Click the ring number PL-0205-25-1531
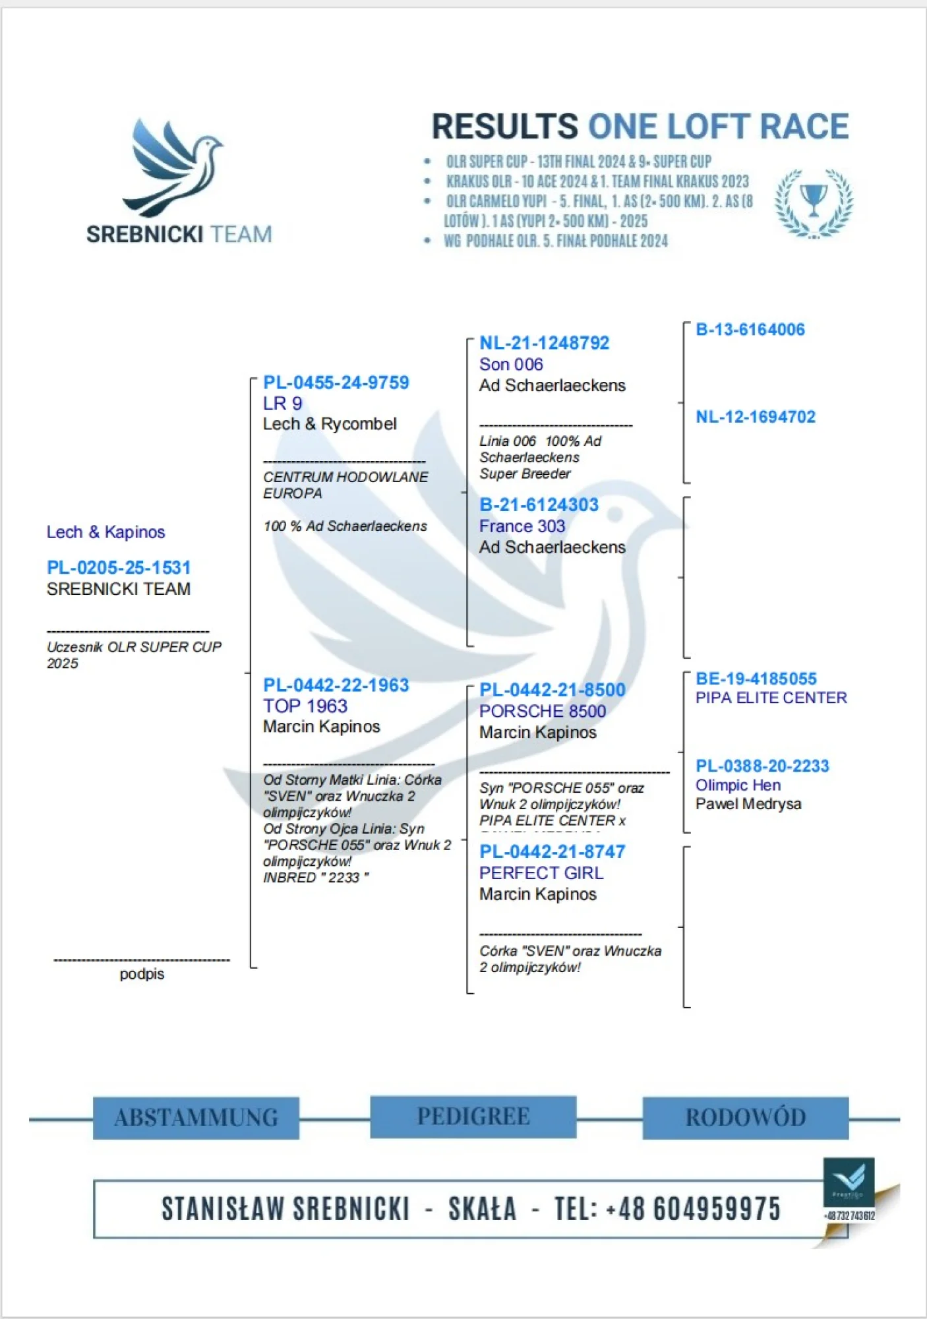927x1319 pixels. [x=119, y=568]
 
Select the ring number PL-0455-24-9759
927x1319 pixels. [x=336, y=383]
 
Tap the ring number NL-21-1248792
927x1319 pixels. [x=544, y=343]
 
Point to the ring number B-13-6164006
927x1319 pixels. [x=750, y=330]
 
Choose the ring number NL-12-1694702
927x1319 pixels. [x=755, y=417]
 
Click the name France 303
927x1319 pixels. [x=522, y=526]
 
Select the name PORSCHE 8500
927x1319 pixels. [x=542, y=711]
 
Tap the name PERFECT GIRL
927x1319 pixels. [x=541, y=873]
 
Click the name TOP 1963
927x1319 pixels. [x=305, y=706]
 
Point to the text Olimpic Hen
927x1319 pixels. [x=738, y=785]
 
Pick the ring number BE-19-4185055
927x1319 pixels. [x=756, y=679]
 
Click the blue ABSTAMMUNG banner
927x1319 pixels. [x=196, y=1118]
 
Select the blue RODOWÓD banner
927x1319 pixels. [x=745, y=1118]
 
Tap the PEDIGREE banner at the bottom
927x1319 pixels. [x=473, y=1117]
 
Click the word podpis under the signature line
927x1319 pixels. [x=142, y=974]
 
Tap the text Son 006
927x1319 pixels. [x=511, y=365]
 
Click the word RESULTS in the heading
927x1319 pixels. [x=504, y=127]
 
